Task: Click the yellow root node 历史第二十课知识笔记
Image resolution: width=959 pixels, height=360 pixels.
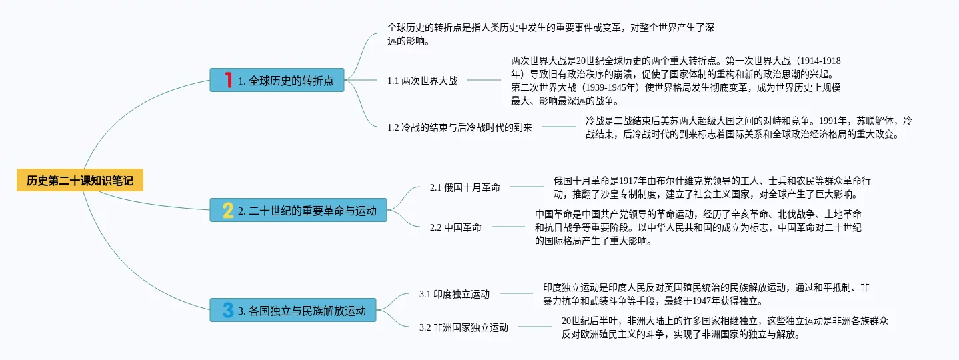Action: coord(80,180)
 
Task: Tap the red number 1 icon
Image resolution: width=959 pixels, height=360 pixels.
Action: coord(228,80)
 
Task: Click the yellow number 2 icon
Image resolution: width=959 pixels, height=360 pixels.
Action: coord(228,211)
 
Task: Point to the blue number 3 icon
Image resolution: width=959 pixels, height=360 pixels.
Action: coord(228,310)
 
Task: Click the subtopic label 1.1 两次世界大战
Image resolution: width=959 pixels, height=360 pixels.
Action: coord(422,81)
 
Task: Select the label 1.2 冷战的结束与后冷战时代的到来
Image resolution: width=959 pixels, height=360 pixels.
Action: coord(459,127)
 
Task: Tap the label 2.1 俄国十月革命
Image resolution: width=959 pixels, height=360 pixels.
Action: coord(465,187)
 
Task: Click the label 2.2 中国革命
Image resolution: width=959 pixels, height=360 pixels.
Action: coord(455,227)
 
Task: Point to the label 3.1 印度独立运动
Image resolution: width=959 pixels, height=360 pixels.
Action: coord(454,293)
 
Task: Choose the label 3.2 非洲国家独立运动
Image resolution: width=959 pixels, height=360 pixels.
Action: coord(463,327)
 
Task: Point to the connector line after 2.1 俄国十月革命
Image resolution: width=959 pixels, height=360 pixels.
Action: coord(527,187)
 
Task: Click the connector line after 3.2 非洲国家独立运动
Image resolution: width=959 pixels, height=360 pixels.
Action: coord(535,327)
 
